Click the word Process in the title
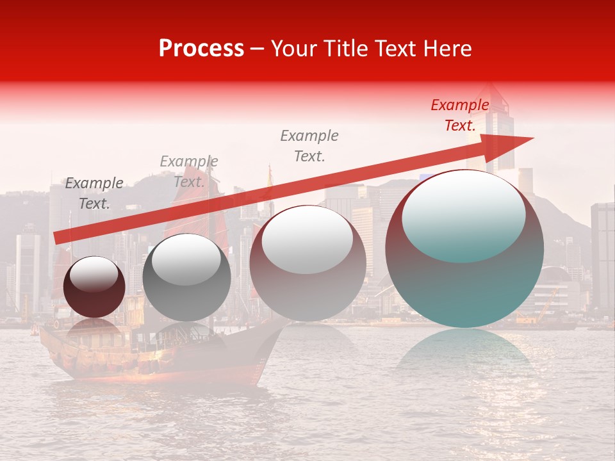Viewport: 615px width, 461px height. click(201, 49)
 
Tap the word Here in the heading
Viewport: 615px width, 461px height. click(447, 49)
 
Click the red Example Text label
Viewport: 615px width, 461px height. click(460, 115)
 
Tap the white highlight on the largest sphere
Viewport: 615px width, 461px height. click(463, 216)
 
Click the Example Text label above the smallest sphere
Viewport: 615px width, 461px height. click(94, 193)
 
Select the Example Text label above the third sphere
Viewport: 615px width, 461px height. click(309, 146)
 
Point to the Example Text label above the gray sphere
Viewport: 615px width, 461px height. click(188, 172)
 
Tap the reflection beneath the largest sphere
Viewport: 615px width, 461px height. click(464, 355)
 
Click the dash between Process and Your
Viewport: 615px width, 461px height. click(257, 49)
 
